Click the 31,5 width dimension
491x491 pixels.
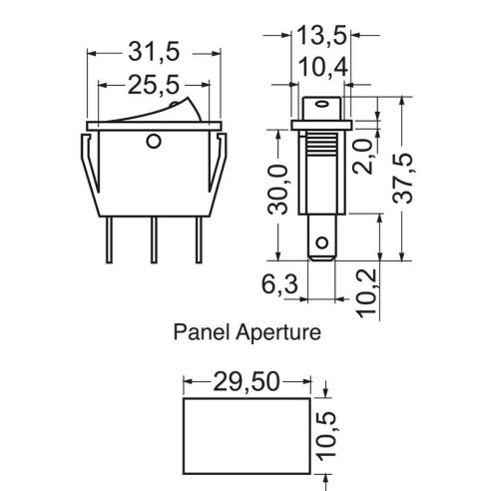click(x=154, y=52)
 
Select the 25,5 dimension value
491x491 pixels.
click(x=154, y=85)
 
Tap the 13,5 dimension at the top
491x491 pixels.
click(x=321, y=35)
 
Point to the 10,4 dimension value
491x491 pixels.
click(x=323, y=68)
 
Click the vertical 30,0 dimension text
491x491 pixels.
click(x=278, y=190)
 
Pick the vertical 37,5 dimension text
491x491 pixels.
click(x=403, y=179)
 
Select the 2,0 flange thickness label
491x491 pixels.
click(x=363, y=157)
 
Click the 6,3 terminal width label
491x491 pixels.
click(x=279, y=284)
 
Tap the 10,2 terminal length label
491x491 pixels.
click(x=367, y=293)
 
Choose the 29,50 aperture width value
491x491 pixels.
click(x=246, y=381)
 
